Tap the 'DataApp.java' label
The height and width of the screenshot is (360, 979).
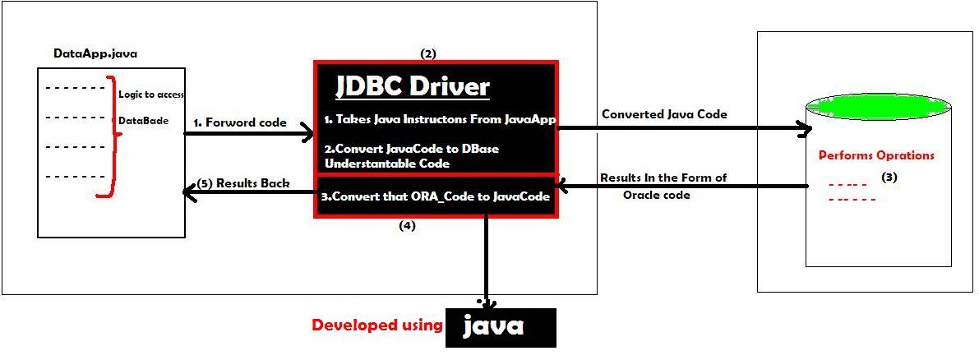[90, 53]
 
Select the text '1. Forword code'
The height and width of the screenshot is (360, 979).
[239, 122]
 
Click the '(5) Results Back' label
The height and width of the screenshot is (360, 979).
[246, 182]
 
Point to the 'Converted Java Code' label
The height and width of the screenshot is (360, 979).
[664, 114]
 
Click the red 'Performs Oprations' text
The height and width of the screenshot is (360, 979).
[875, 155]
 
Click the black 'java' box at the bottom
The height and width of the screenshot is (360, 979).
[500, 327]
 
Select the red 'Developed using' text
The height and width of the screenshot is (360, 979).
[376, 325]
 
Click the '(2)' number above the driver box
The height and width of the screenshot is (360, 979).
[427, 53]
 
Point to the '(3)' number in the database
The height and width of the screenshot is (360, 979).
[889, 177]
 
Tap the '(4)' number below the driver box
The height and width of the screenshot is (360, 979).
[407, 226]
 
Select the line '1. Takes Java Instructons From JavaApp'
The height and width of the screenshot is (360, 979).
[441, 120]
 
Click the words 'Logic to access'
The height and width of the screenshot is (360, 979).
[151, 94]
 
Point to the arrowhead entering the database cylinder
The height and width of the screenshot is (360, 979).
[804, 127]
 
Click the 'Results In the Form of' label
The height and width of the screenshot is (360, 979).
[663, 178]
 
